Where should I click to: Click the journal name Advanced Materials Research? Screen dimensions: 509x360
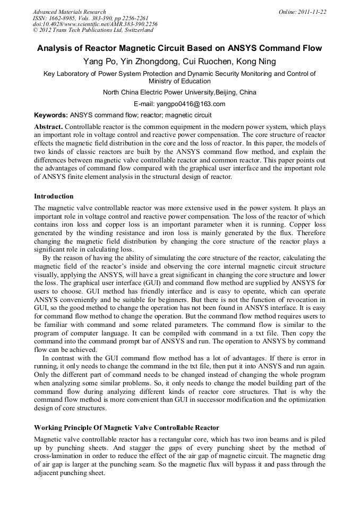[69, 12]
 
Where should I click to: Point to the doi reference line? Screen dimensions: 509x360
[95, 24]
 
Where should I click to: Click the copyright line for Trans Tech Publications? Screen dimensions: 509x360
[93, 30]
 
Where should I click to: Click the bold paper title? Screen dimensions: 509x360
[179, 48]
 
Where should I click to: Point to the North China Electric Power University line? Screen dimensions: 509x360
[179, 92]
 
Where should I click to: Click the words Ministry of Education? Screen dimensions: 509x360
[179, 81]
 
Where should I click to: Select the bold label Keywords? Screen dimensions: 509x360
[51, 115]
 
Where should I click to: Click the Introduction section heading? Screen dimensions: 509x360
[54, 196]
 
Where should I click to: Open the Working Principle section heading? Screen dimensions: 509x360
[126, 427]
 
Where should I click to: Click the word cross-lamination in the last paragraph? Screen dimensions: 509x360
[57, 456]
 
